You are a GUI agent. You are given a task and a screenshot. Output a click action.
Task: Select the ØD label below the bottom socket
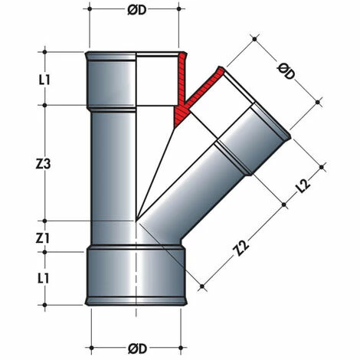[136, 349]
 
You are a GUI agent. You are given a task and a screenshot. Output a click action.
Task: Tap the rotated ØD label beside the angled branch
[286, 73]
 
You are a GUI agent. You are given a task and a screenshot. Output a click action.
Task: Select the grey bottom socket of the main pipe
[136, 276]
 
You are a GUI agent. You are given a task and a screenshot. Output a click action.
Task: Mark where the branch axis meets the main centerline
[136, 222]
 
